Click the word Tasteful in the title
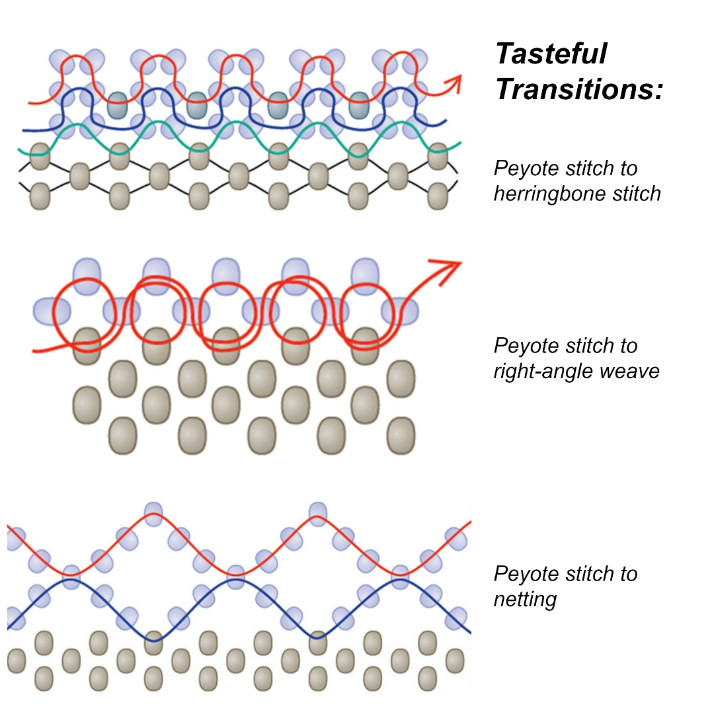(x=551, y=54)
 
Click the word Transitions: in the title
(x=579, y=89)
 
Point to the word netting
(x=525, y=599)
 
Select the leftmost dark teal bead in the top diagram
(x=117, y=104)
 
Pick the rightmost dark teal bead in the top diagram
(x=358, y=104)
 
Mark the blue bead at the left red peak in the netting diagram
(x=153, y=513)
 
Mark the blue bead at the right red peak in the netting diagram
(x=318, y=513)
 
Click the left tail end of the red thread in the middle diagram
(x=34, y=349)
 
